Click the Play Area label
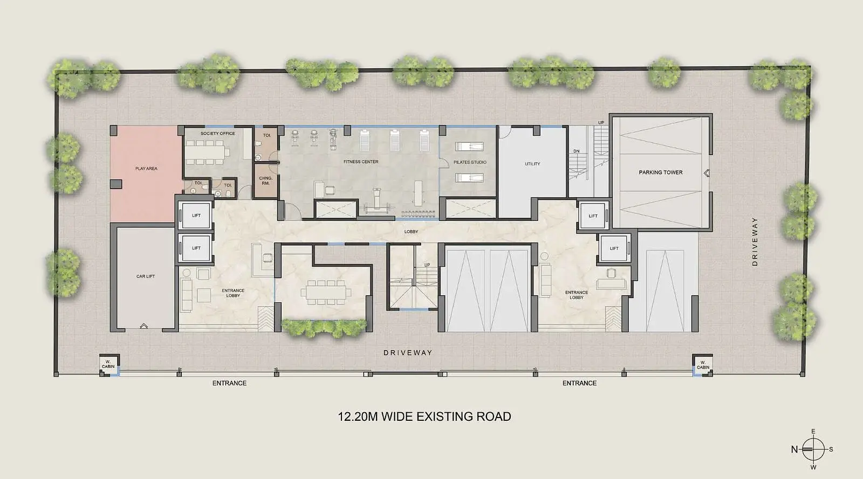point(146,169)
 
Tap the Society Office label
point(218,134)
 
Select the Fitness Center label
point(361,162)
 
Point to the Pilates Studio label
point(470,162)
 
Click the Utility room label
point(532,164)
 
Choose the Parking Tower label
point(660,172)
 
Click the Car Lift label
point(145,276)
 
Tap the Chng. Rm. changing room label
point(265,181)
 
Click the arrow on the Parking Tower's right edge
point(706,173)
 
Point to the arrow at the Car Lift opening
point(143,326)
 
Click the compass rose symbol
point(813,449)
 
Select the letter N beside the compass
point(794,449)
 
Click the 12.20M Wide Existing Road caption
point(424,416)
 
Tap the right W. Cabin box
point(702,364)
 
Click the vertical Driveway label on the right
point(755,241)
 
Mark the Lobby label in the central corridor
point(411,232)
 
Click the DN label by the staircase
point(577,151)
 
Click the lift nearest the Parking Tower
point(593,216)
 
